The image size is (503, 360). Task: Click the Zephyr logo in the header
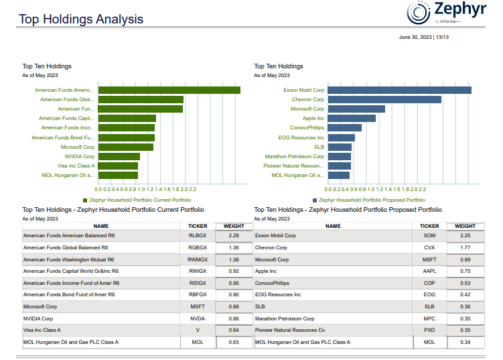(x=445, y=13)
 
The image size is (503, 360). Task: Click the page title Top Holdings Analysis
(x=81, y=19)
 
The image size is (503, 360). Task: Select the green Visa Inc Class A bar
(x=118, y=166)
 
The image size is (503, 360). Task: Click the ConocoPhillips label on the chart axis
(x=307, y=127)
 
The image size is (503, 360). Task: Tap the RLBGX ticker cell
(x=198, y=236)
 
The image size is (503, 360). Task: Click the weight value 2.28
(x=234, y=236)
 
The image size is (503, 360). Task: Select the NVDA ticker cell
(x=198, y=319)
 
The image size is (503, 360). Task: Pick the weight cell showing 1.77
(x=465, y=247)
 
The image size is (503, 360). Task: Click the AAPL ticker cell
(x=429, y=272)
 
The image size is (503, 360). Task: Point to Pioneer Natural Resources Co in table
(x=290, y=331)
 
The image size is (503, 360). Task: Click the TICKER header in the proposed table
(x=429, y=227)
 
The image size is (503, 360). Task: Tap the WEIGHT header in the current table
(x=234, y=227)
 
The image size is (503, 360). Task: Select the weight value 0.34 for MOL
(x=465, y=343)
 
